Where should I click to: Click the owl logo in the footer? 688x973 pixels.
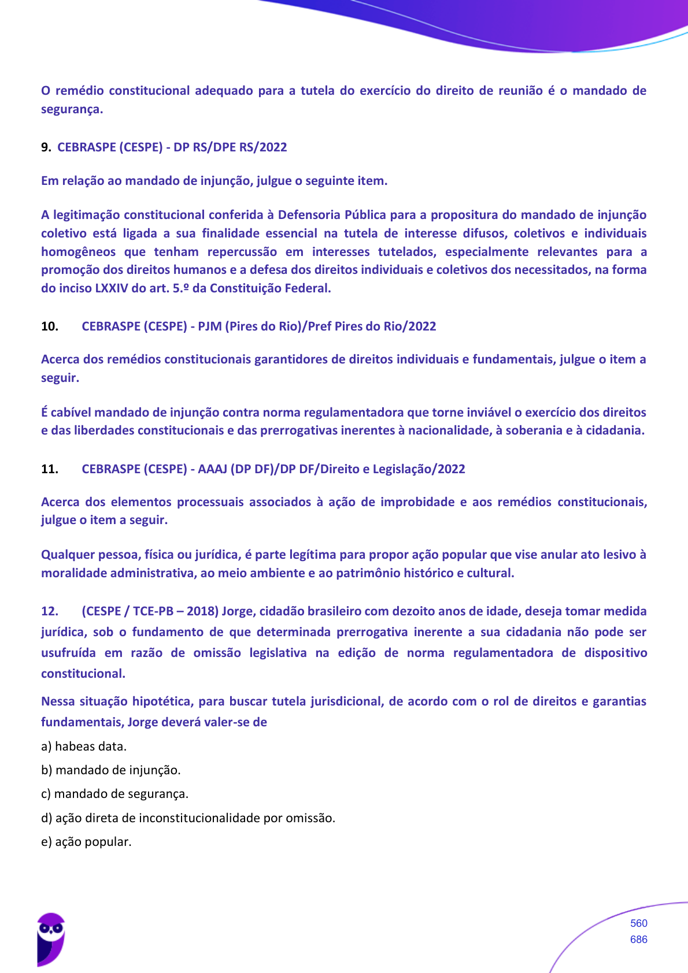50,939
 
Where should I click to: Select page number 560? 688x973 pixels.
638,923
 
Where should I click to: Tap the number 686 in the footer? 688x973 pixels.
638,939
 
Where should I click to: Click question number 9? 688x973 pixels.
46,147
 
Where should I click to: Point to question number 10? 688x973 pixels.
50,326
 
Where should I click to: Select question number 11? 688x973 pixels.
50,469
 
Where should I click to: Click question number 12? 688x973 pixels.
50,611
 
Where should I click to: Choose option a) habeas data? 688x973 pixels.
84,747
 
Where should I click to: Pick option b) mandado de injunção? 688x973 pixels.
111,770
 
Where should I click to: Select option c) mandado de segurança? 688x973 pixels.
114,794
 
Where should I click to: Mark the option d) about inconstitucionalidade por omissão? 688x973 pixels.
188,818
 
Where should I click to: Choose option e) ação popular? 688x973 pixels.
86,842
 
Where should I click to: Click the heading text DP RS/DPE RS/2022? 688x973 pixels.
230,147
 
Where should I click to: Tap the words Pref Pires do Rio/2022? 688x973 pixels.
372,326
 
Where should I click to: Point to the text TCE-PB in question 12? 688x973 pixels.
153,611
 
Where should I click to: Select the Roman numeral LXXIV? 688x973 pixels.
111,288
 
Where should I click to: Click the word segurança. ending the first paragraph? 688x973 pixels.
72,109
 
